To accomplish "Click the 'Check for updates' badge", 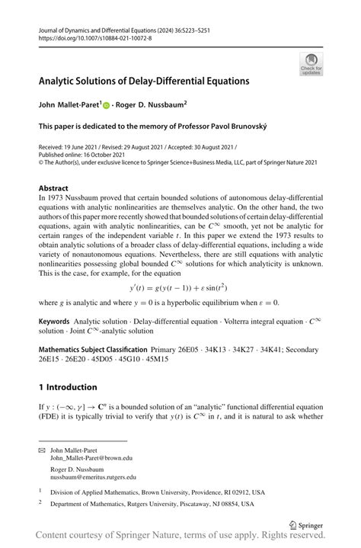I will pos(312,64).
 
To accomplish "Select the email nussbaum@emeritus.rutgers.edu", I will pos(93,477).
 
